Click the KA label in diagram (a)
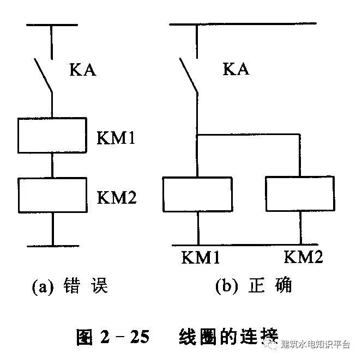(x=83, y=70)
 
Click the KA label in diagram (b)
(x=236, y=69)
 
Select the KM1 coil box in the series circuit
(x=52, y=135)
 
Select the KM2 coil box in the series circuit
(x=52, y=195)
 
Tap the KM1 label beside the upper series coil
(x=116, y=137)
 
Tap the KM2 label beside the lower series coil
(x=116, y=198)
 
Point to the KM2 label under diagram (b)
(x=304, y=257)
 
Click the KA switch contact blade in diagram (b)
(x=188, y=75)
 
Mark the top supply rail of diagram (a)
(x=52, y=25)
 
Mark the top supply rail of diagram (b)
(x=243, y=25)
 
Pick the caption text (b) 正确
(x=254, y=285)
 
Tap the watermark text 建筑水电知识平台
(x=316, y=344)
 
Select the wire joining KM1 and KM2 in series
(x=53, y=165)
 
